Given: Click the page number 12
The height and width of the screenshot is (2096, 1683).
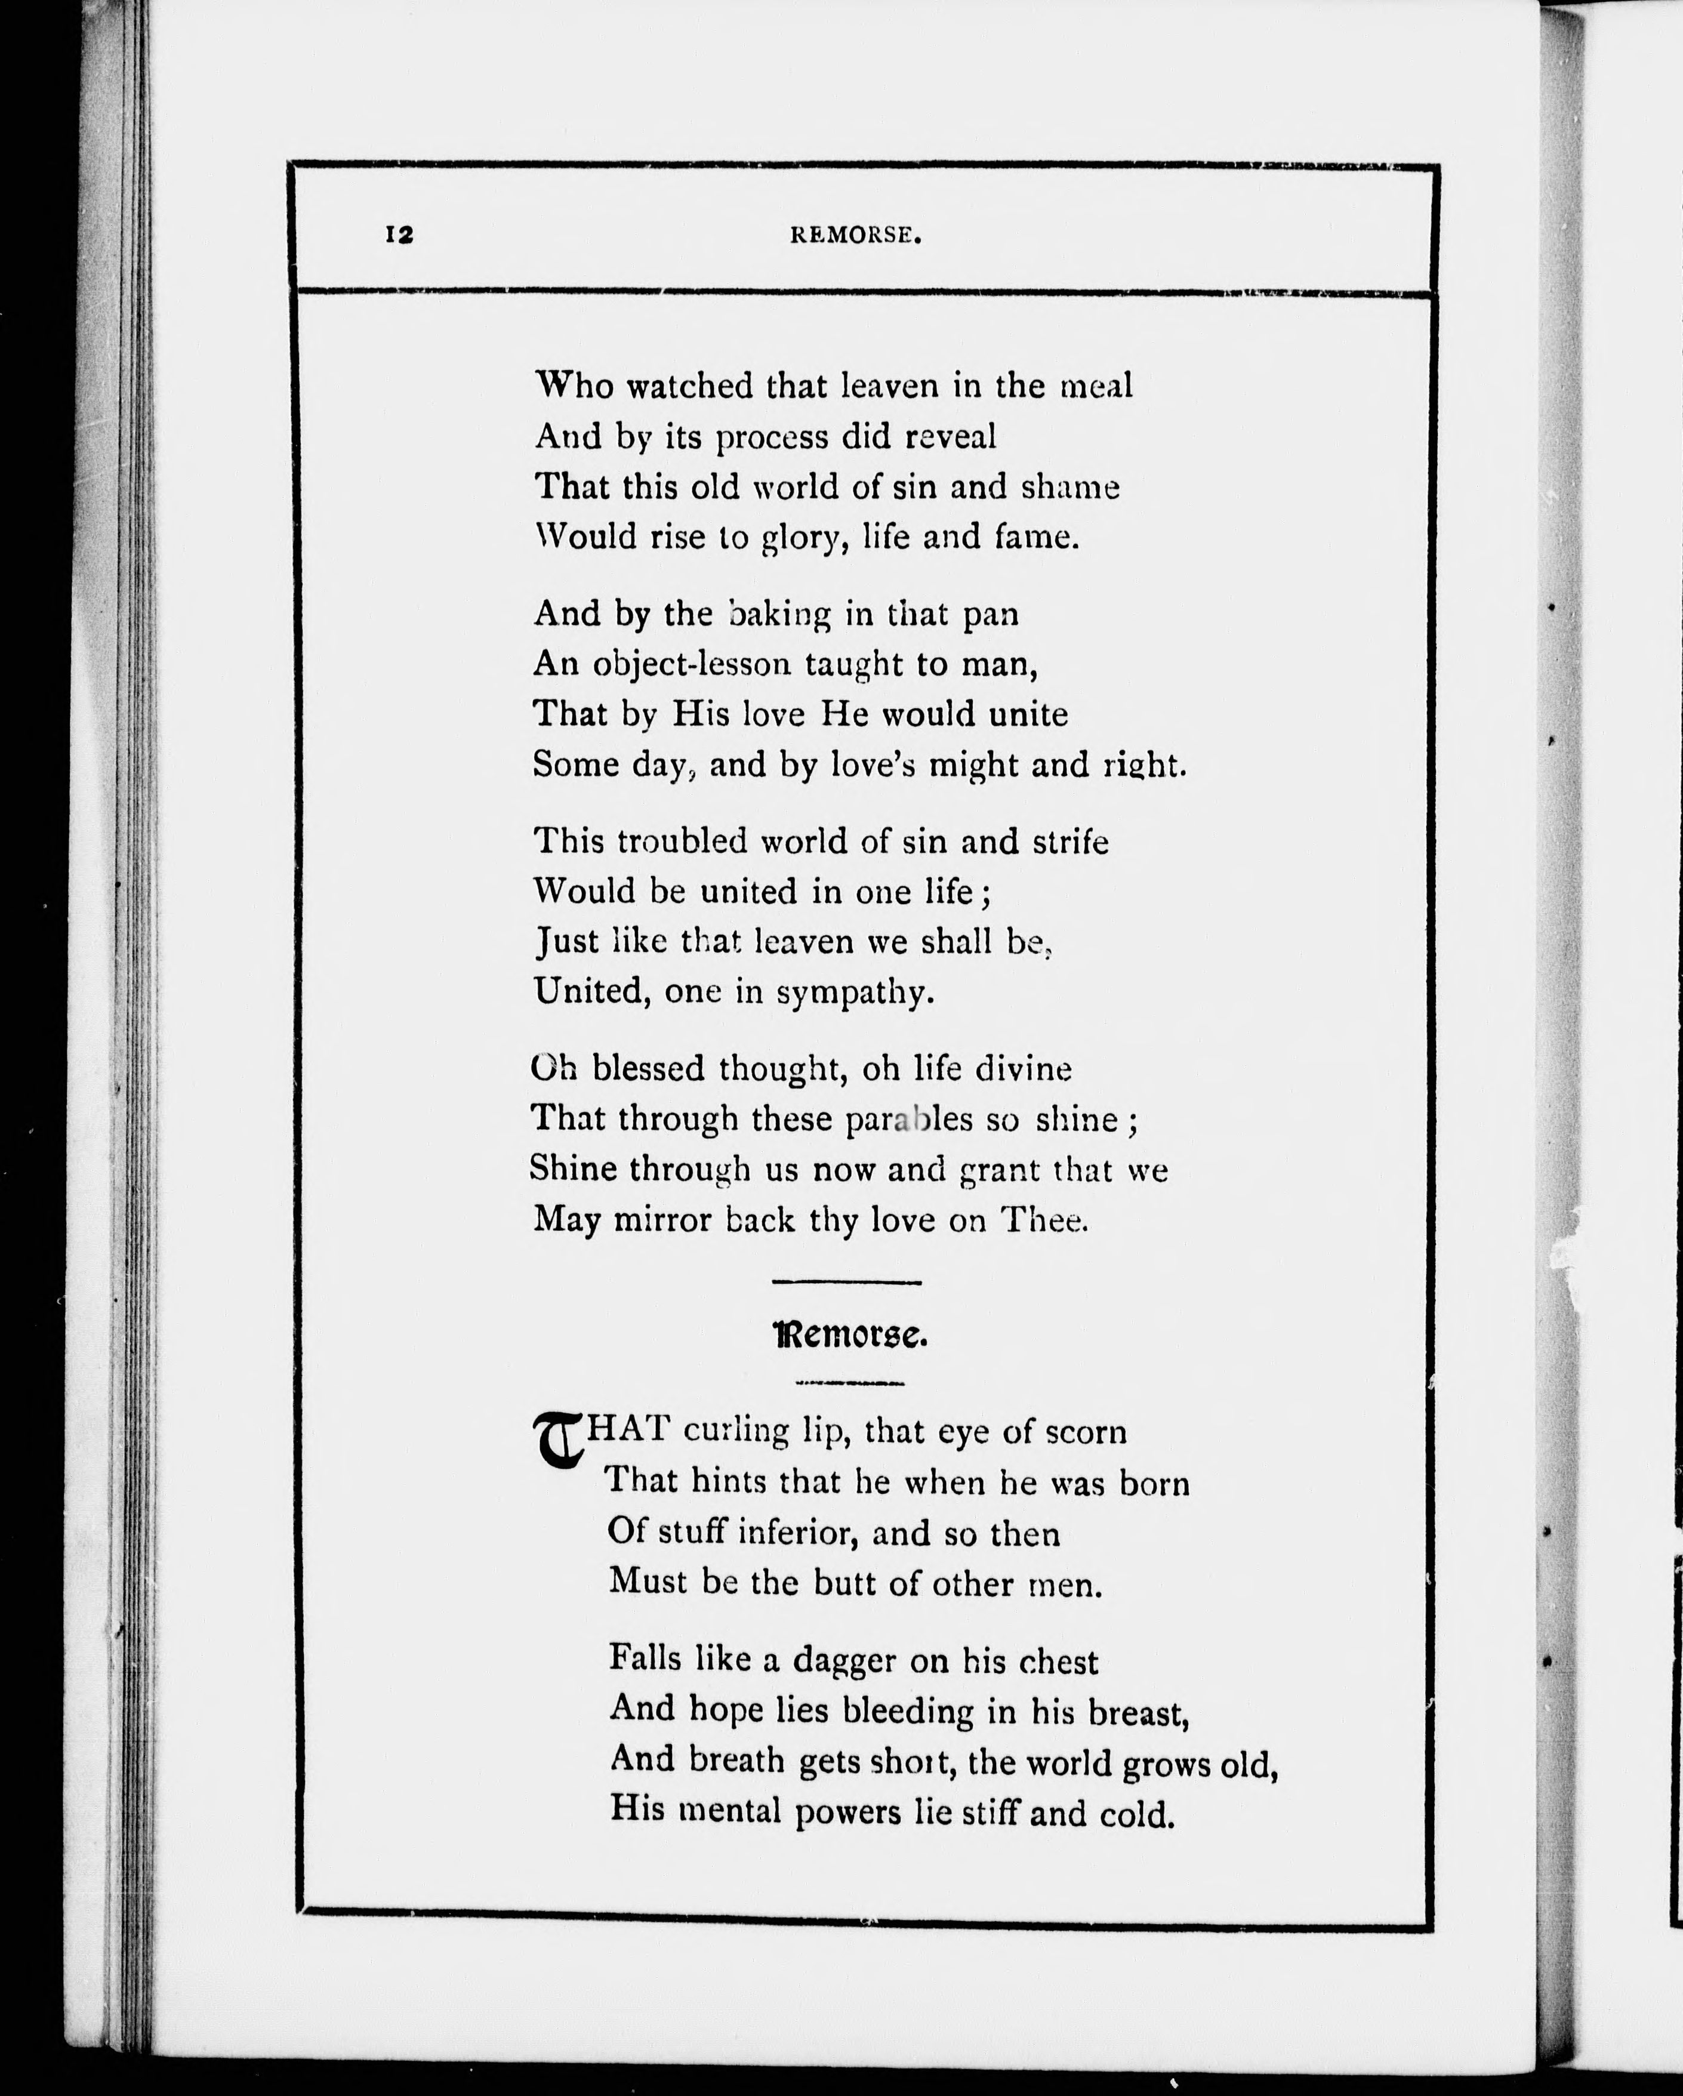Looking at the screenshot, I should (x=400, y=235).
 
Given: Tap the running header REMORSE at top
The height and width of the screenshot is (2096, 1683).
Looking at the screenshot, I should (x=855, y=235).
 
